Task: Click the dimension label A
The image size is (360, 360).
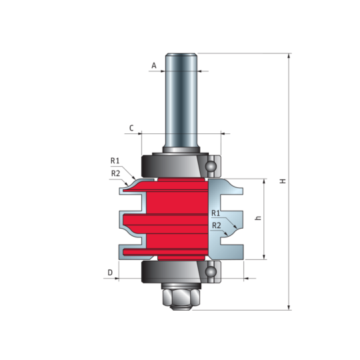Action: (x=154, y=65)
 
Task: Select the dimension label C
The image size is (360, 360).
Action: (x=131, y=128)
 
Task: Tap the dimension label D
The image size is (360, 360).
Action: (x=110, y=273)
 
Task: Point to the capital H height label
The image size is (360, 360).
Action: (x=283, y=181)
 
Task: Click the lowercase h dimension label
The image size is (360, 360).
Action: (x=258, y=218)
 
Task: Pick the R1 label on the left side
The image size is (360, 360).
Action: (x=115, y=161)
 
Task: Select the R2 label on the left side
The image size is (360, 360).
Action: (x=116, y=173)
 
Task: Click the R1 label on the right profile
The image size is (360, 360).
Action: (x=215, y=213)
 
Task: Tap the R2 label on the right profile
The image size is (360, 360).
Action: (x=216, y=226)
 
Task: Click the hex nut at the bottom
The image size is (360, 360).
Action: (x=181, y=299)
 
